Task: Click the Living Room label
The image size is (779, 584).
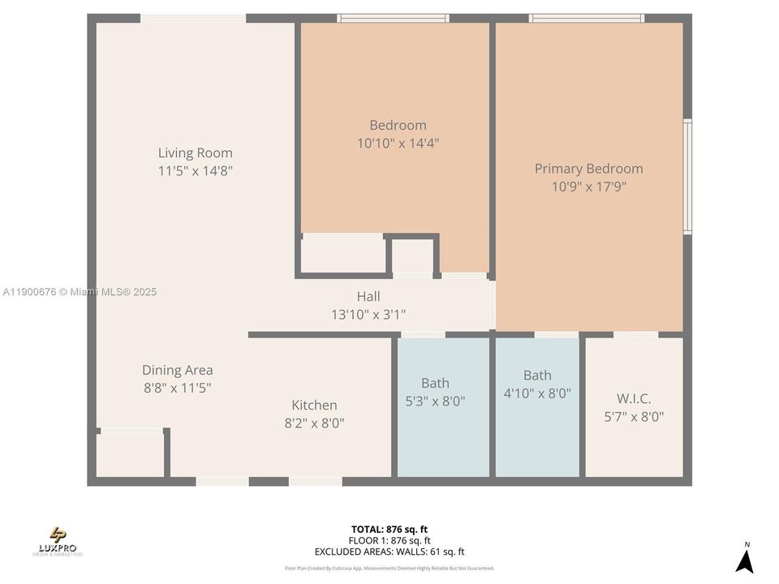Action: point(195,152)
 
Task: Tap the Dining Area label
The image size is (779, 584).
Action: point(177,370)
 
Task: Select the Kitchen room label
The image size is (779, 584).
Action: point(314,405)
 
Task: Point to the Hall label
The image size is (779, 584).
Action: point(368,296)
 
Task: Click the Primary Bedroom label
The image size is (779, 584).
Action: point(588,169)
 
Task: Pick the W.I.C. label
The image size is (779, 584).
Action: point(634,398)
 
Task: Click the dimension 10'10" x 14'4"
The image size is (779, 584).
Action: point(398,144)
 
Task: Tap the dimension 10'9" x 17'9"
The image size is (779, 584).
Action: point(588,187)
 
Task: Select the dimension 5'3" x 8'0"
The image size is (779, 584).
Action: point(435,401)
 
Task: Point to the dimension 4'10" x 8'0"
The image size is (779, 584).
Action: point(536,393)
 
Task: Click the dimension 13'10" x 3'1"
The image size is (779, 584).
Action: point(368,314)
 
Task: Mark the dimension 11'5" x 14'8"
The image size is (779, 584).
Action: point(196,171)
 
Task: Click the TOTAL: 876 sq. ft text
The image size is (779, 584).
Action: point(389,529)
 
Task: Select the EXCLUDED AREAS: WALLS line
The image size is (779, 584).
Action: point(389,551)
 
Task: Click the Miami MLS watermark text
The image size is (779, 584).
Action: point(80,292)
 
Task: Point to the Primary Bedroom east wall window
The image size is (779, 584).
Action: point(687,177)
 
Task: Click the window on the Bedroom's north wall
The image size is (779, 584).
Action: point(393,18)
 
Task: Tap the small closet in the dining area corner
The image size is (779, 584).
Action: point(130,454)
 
